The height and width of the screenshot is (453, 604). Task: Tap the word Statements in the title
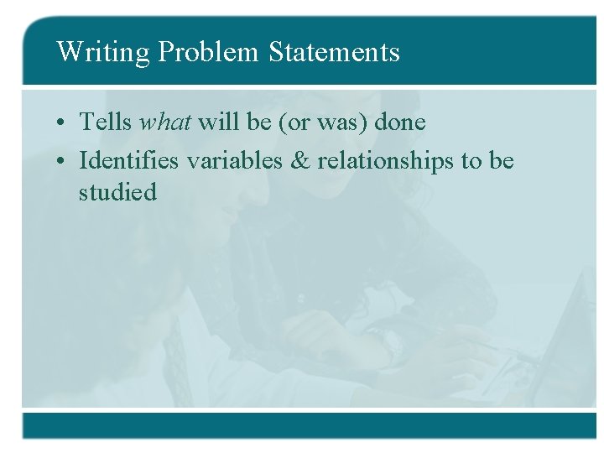(x=335, y=53)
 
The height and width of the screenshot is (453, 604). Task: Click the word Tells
(x=106, y=122)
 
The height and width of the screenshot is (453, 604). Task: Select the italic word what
(x=166, y=122)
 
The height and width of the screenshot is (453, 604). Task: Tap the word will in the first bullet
(x=217, y=122)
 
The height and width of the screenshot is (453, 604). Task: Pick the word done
(x=400, y=122)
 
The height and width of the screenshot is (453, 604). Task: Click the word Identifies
(x=129, y=160)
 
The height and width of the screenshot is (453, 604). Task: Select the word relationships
(x=386, y=161)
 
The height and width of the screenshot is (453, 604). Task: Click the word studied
(x=117, y=192)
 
